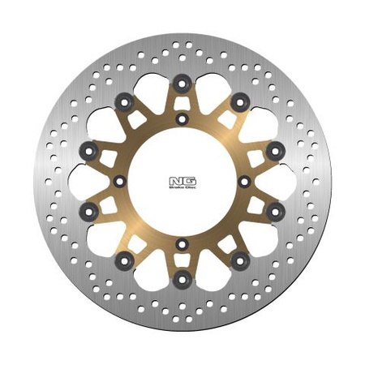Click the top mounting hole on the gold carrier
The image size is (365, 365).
click(x=182, y=119)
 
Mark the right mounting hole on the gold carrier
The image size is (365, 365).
click(x=244, y=180)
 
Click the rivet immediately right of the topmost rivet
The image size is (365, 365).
click(x=241, y=101)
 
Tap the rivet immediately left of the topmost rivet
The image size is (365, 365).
click(x=124, y=101)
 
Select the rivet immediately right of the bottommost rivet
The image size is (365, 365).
click(x=241, y=260)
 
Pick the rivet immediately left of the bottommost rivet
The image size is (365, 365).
click(x=124, y=260)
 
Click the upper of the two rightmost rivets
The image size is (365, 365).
click(x=275, y=148)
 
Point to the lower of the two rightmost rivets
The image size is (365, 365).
click(x=275, y=212)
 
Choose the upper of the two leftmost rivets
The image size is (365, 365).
click(x=90, y=148)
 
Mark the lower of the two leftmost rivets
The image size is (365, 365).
click(x=90, y=212)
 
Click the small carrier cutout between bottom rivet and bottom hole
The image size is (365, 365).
click(x=182, y=261)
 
